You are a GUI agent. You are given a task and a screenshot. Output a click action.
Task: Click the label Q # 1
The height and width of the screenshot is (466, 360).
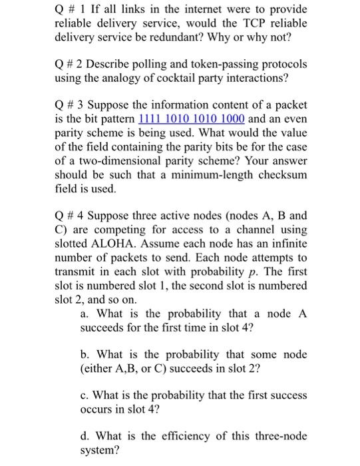67,9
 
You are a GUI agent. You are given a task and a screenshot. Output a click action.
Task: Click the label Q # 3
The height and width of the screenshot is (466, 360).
67,106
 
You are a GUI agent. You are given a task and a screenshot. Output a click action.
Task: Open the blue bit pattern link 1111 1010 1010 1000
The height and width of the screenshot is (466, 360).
192,119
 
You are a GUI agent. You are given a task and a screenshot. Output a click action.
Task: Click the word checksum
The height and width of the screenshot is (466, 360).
284,174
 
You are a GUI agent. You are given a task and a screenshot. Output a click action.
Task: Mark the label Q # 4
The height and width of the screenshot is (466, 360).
67,216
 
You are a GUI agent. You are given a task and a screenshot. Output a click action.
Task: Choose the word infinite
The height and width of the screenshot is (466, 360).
288,243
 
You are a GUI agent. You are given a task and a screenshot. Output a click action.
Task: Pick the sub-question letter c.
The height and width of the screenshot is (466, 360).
83,395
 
